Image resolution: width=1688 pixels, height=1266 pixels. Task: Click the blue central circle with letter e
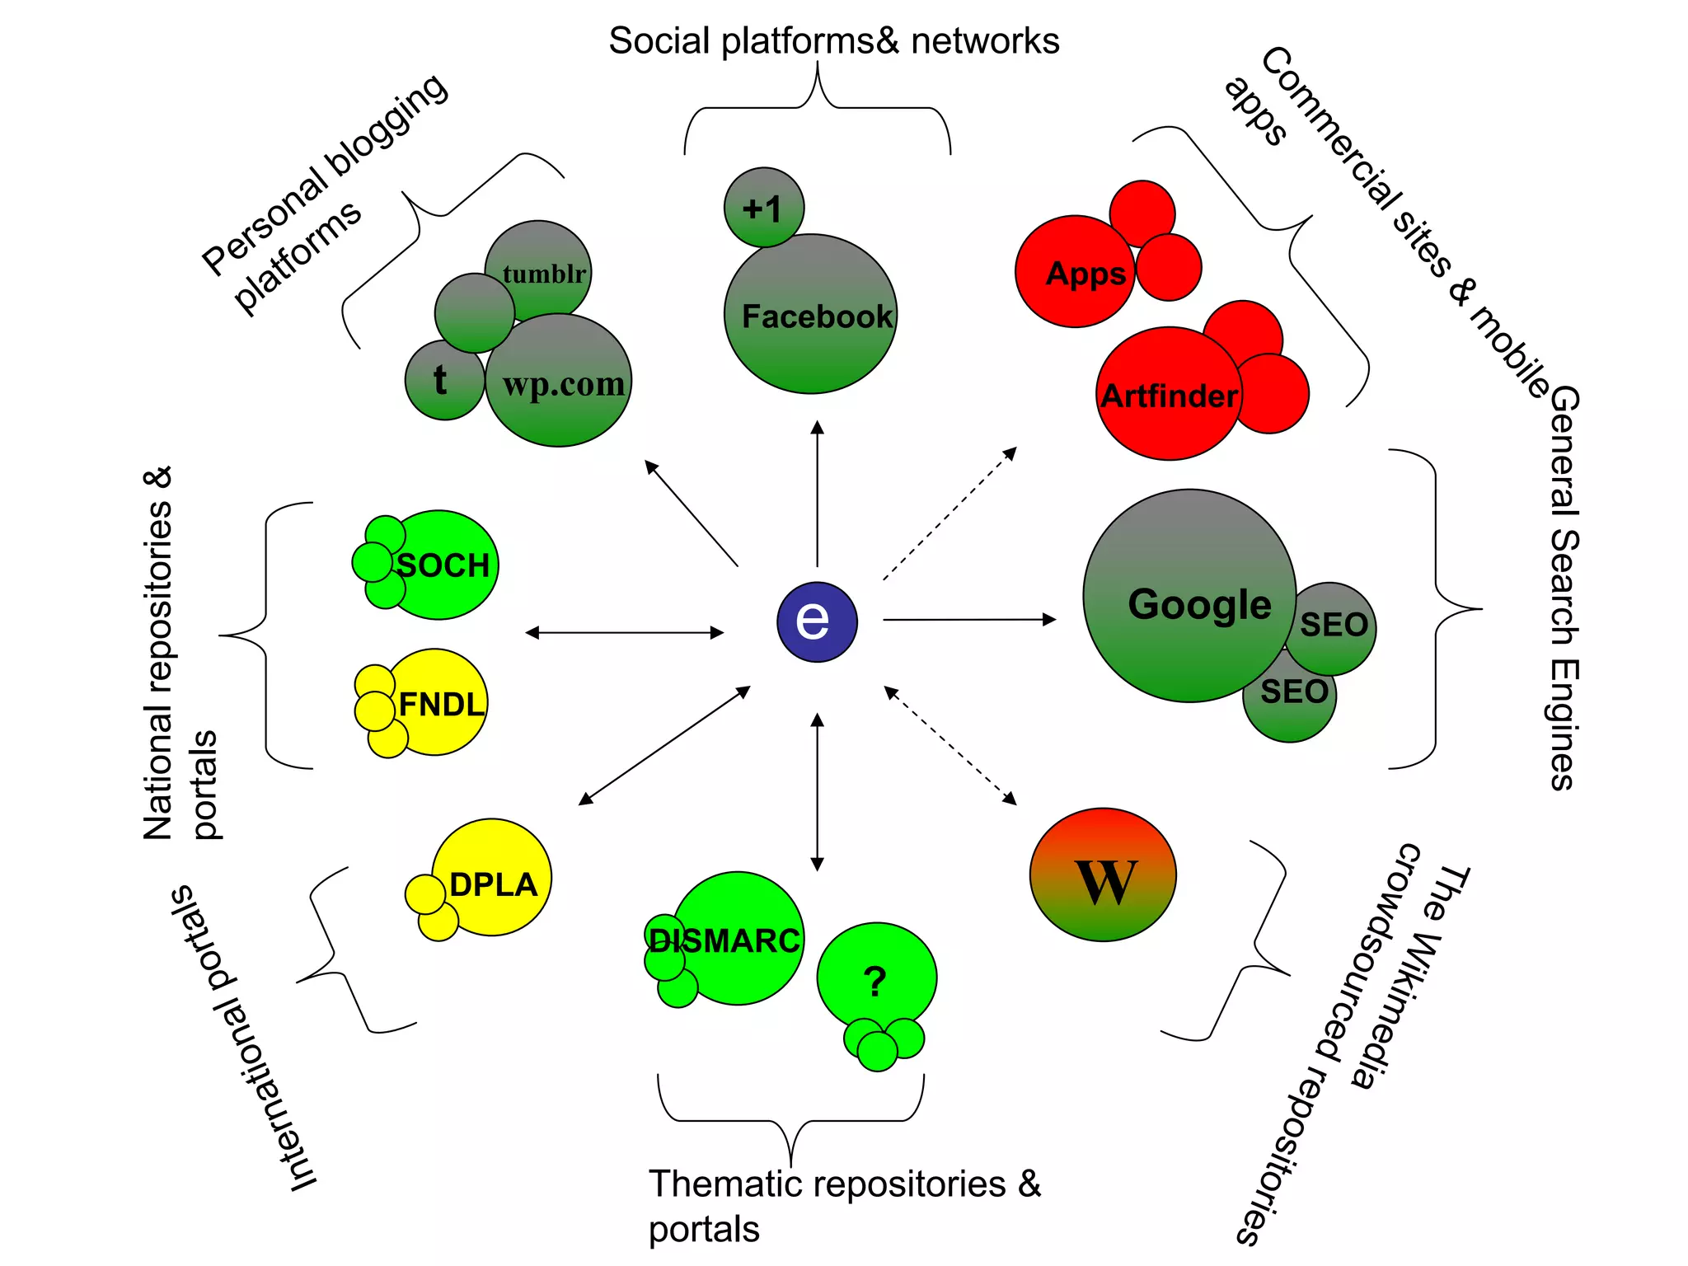click(817, 621)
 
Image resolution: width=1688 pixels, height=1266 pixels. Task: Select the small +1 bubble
click(763, 207)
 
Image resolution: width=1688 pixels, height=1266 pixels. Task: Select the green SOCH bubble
click(445, 565)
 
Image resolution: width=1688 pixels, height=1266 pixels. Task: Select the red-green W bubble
click(1103, 874)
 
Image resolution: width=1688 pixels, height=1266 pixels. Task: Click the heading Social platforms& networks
click(833, 41)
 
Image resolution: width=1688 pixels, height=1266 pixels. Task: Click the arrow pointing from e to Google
click(969, 619)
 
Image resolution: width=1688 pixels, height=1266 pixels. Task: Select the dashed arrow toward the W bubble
click(950, 745)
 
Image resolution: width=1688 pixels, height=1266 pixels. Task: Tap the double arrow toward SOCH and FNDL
click(625, 632)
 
